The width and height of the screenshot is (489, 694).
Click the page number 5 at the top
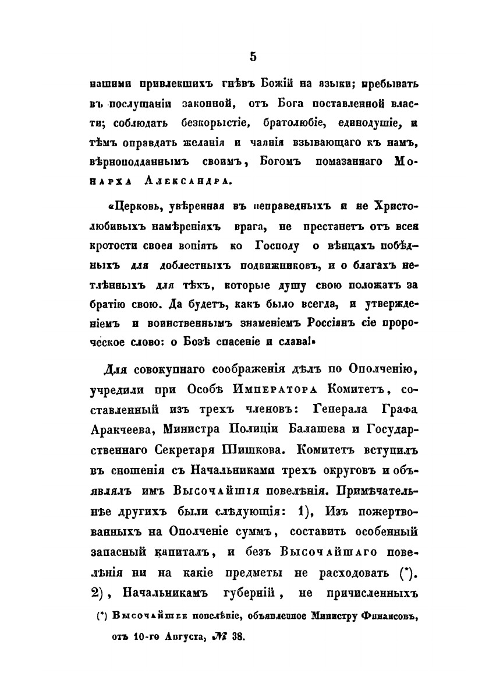click(x=252, y=56)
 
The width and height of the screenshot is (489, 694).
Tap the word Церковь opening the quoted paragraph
click(x=129, y=207)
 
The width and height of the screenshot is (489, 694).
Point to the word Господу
click(x=274, y=246)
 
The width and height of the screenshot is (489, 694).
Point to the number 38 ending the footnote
click(x=239, y=637)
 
